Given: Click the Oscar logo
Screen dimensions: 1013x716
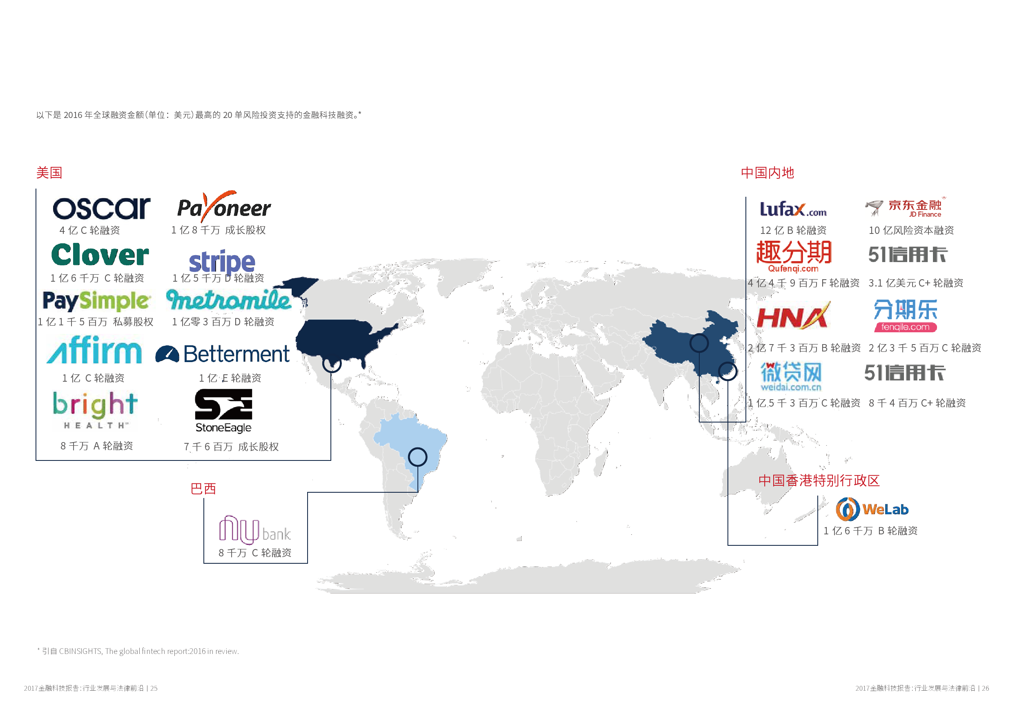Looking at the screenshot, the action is [101, 209].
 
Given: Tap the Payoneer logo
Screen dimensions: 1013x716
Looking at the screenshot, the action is [224, 207].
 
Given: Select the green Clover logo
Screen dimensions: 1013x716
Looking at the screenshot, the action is [100, 255].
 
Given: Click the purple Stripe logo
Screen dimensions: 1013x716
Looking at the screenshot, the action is [222, 262].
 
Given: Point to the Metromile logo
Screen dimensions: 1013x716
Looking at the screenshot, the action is [229, 300].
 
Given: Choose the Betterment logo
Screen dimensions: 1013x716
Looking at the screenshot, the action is [223, 354].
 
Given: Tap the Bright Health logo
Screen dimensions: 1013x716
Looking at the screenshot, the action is [95, 410].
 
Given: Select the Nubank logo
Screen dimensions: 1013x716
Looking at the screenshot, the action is [255, 529].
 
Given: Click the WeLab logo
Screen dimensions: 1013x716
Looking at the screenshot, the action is [872, 509].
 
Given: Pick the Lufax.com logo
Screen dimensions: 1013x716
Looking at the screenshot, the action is [793, 209].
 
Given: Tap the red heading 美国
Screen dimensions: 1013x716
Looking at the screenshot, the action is [49, 173].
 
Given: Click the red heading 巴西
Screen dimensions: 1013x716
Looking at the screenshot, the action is [203, 489].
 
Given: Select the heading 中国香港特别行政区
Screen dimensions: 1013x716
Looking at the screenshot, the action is [819, 480].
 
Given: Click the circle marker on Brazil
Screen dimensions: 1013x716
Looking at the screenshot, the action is [417, 457].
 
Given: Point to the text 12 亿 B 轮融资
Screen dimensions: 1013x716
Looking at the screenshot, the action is [793, 230].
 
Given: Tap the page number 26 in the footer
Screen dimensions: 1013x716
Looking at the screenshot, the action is [985, 688].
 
